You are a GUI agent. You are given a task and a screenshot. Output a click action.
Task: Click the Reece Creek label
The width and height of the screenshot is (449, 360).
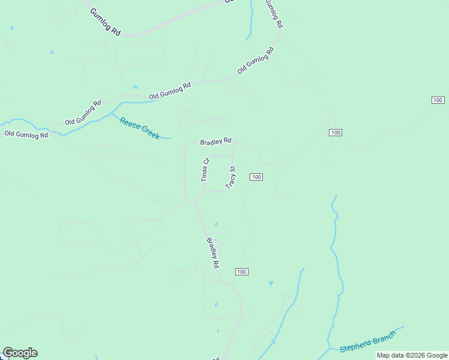(140, 128)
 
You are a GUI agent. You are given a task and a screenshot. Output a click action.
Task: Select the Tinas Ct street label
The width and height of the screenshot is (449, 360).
(205, 170)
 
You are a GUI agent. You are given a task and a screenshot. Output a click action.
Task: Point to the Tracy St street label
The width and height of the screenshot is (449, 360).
(231, 178)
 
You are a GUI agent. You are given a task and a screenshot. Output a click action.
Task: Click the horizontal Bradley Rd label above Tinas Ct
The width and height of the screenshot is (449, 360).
(216, 142)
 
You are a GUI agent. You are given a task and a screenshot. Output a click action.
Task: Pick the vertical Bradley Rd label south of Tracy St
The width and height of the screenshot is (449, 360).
(212, 253)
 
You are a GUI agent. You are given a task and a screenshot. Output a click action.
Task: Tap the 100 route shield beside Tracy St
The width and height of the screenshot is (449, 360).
(256, 177)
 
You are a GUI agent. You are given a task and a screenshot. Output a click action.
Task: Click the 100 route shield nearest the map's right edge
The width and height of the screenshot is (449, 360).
(438, 100)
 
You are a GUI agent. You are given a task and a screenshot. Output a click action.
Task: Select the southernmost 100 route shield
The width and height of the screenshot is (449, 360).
(241, 272)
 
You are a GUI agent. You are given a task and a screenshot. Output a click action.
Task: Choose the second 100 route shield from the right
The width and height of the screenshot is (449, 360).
(336, 132)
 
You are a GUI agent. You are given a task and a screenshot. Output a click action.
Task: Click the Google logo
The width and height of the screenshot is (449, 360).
(20, 353)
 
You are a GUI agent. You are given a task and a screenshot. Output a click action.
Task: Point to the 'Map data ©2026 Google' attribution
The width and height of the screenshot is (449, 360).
(412, 356)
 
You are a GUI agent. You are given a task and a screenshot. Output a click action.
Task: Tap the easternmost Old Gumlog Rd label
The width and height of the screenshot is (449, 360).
(256, 60)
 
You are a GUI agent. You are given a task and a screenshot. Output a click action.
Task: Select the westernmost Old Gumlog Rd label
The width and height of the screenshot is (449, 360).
(26, 134)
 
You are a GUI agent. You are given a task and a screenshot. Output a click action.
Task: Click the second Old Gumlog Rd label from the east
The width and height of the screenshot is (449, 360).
(170, 90)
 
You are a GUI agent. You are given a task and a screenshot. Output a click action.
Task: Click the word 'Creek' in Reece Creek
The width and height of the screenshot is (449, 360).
(148, 133)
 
